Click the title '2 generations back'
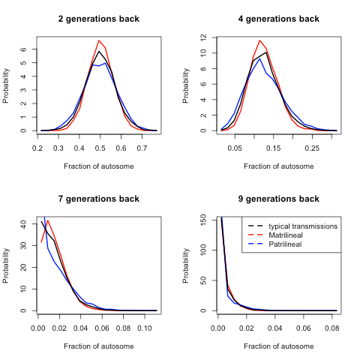(x=98, y=19)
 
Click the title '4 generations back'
(x=278, y=19)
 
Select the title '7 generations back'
(x=98, y=199)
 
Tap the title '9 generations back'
(x=278, y=199)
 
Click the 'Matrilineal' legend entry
(x=295, y=235)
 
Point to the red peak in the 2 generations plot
(x=99, y=40)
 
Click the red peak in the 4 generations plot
(x=259, y=40)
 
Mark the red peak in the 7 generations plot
(x=48, y=220)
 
